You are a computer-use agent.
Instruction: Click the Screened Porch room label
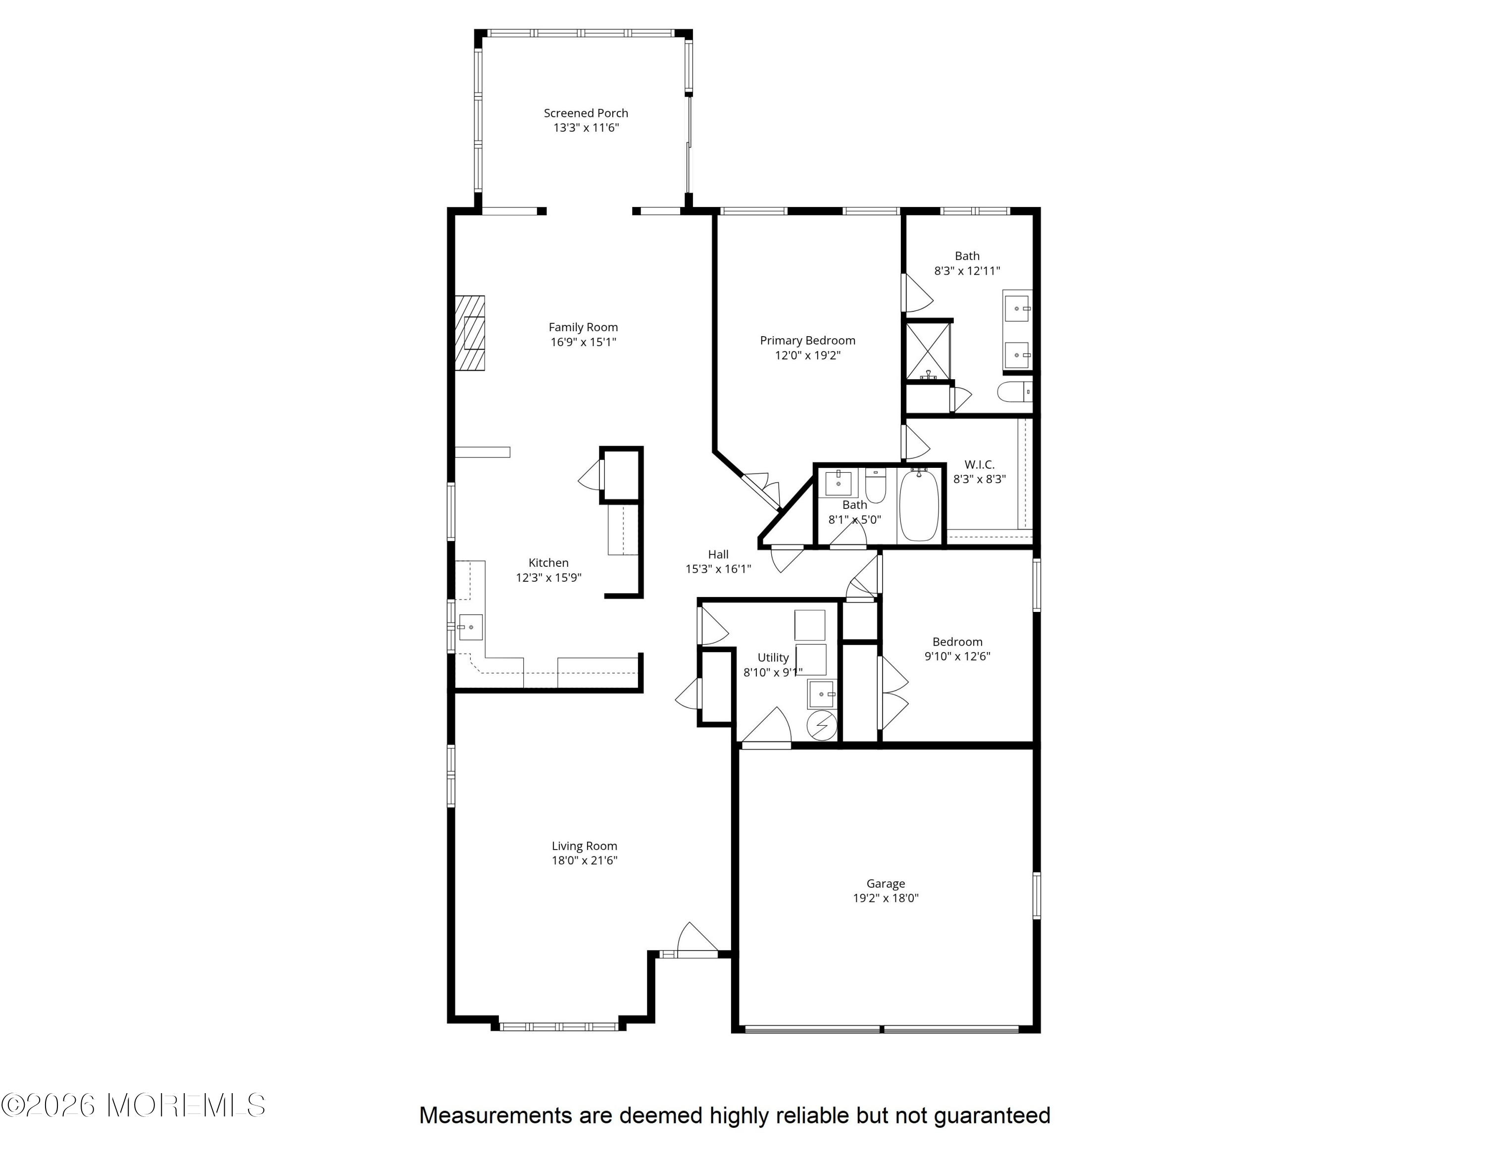tap(586, 113)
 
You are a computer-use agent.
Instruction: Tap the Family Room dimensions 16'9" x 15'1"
tap(584, 342)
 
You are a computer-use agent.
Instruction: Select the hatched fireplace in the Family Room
tap(470, 333)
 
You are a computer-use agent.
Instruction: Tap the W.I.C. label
tap(980, 464)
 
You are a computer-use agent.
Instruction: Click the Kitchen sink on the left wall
tap(470, 627)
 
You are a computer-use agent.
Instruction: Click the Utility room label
tap(773, 657)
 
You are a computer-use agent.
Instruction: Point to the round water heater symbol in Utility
tap(821, 725)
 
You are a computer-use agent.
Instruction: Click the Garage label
tap(885, 883)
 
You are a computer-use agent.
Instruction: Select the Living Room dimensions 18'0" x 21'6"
tap(585, 860)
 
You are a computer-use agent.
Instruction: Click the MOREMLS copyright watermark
tap(133, 1105)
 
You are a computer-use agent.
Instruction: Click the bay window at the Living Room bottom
tap(559, 1026)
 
